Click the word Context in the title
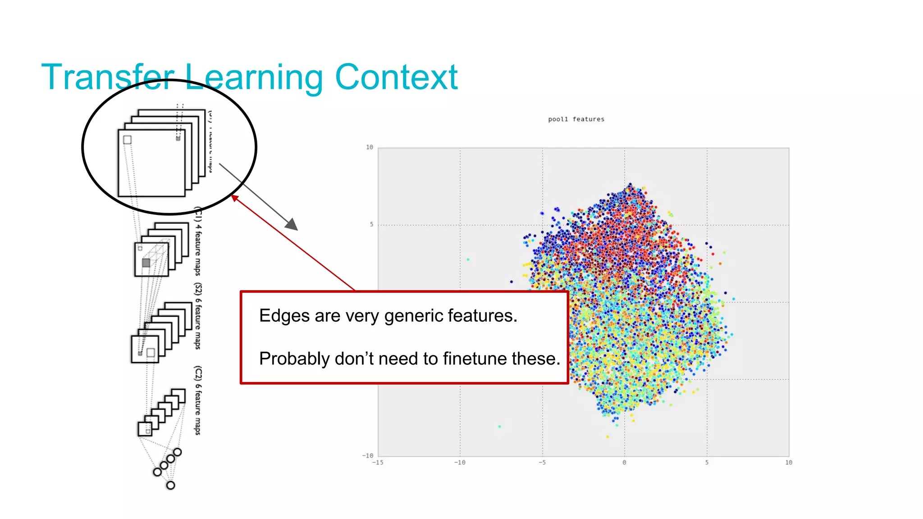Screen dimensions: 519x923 pyautogui.click(x=396, y=77)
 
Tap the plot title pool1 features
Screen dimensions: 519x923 pyautogui.click(x=576, y=119)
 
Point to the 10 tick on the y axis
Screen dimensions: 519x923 pyautogui.click(x=370, y=147)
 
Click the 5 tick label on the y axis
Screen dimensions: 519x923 pyautogui.click(x=371, y=224)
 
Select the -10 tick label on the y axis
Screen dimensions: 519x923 pyautogui.click(x=368, y=455)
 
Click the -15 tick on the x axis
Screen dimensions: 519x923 pyautogui.click(x=378, y=463)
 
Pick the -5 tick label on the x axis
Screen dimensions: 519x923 pyautogui.click(x=542, y=463)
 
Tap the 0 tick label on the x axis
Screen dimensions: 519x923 pyautogui.click(x=624, y=463)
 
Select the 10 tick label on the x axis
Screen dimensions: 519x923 pyautogui.click(x=788, y=463)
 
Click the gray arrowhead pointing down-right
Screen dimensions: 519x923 pyautogui.click(x=292, y=224)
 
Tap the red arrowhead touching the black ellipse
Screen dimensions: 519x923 pyautogui.click(x=234, y=198)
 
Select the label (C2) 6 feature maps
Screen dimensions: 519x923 pyautogui.click(x=198, y=400)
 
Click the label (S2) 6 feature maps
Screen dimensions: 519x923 pyautogui.click(x=198, y=316)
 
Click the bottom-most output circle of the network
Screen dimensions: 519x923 pyautogui.click(x=170, y=485)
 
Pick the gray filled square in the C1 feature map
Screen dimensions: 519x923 pyautogui.click(x=146, y=263)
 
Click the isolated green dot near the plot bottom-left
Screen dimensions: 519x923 pyautogui.click(x=499, y=426)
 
